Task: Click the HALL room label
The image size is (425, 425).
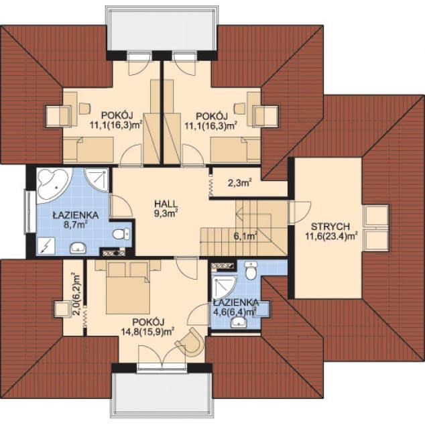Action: [x=166, y=203]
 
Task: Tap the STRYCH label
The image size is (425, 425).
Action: [x=330, y=227]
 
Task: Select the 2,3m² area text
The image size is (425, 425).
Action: [x=239, y=183]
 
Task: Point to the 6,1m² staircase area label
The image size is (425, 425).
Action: [x=245, y=236]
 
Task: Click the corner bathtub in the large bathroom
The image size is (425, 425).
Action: [x=54, y=185]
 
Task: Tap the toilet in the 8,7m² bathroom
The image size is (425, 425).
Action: [x=121, y=234]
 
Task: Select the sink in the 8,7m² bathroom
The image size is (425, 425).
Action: [x=78, y=247]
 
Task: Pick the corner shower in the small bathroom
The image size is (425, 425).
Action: [x=224, y=288]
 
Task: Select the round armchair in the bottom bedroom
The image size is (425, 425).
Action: [x=191, y=342]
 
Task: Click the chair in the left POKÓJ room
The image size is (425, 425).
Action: [x=85, y=108]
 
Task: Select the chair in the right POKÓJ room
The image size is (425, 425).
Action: [x=240, y=108]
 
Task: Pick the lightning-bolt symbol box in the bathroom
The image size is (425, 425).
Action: [x=46, y=246]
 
